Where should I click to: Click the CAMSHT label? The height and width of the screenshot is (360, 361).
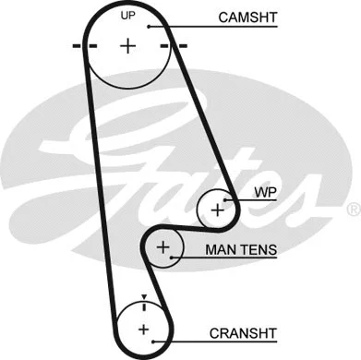pos(247,18)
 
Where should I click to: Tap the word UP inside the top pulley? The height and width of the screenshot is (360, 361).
pos(128,17)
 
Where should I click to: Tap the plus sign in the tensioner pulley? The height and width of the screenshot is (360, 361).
pos(163,246)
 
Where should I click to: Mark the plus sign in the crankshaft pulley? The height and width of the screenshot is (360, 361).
pos(143,328)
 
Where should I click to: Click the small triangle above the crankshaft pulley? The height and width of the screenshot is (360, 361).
pos(144,296)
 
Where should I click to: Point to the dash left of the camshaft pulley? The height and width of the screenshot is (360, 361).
pos(78,45)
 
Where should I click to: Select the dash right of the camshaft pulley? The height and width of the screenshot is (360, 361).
pos(178,45)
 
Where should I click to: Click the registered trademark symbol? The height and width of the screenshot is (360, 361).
pos(352,210)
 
